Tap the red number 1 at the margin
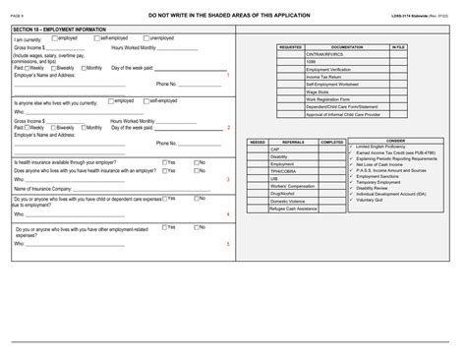(x=227, y=75)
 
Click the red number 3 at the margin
(x=227, y=179)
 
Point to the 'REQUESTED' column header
(x=290, y=46)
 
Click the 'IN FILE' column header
(x=397, y=46)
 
